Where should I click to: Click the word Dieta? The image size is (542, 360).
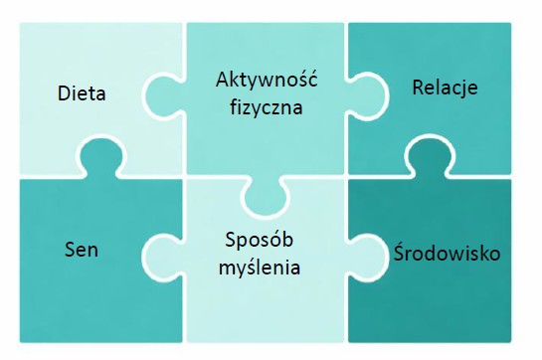[x=82, y=93]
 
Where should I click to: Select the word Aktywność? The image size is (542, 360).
[x=267, y=79]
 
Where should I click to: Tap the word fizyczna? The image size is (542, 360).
[x=267, y=107]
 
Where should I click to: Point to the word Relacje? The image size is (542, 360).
[x=446, y=88]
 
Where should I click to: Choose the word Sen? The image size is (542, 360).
[x=82, y=250]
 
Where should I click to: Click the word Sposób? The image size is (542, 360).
[x=260, y=240]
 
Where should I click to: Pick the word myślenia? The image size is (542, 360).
[x=260, y=268]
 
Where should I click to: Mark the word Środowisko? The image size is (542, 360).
[x=447, y=253]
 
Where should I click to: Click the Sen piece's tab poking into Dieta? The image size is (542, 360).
[x=100, y=157]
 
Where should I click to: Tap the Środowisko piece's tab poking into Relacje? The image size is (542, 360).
[x=430, y=157]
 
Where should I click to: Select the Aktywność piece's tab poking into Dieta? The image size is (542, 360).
[x=163, y=96]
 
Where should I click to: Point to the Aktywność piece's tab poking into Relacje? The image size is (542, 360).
[x=366, y=96]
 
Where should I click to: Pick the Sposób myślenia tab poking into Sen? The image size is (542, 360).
[x=163, y=257]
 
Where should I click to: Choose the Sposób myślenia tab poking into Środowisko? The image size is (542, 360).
[x=366, y=257]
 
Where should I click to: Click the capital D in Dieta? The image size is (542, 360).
[x=64, y=93]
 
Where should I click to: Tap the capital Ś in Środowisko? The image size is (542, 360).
[x=399, y=252]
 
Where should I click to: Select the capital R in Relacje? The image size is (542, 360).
[x=419, y=88]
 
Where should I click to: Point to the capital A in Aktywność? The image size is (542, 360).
[x=223, y=80]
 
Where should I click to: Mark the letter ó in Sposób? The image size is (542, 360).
[x=274, y=239]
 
